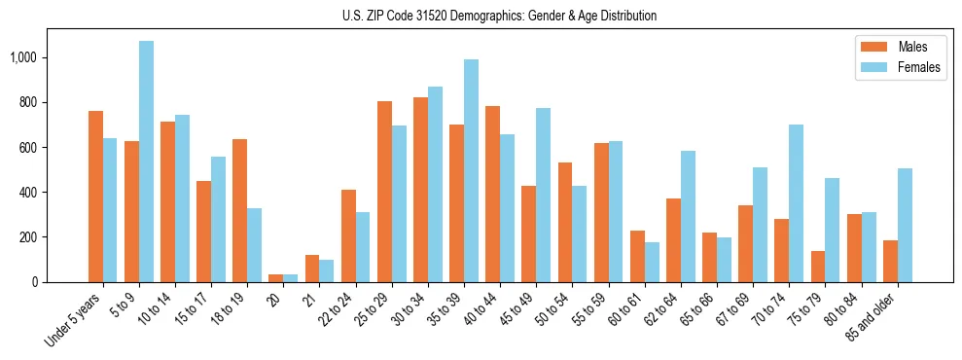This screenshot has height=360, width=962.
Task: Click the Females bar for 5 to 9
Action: coord(146,162)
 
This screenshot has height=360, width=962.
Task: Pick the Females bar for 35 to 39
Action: coord(471,170)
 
